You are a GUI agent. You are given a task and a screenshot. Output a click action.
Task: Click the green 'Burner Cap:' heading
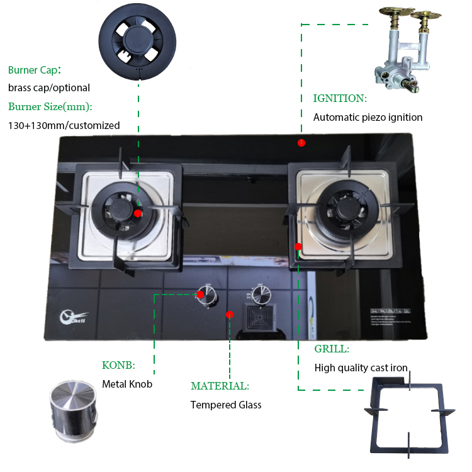click(35, 70)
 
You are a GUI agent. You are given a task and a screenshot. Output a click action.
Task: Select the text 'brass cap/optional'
click(49, 88)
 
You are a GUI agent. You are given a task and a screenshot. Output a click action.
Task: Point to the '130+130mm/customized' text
click(64, 125)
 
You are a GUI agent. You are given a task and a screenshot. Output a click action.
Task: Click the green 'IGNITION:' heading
click(340, 98)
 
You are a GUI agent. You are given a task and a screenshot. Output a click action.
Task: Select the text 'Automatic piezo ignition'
click(368, 117)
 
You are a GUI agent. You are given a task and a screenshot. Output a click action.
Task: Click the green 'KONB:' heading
click(118, 365)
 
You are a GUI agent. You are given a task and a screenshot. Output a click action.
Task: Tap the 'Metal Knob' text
click(127, 384)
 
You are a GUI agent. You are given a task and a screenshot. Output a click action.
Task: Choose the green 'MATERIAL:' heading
click(220, 386)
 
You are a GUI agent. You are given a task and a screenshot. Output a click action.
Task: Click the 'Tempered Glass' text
click(226, 405)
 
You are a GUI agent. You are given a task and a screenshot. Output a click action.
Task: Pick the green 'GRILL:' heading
click(332, 349)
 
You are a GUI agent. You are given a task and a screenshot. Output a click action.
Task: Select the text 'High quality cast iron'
click(361, 368)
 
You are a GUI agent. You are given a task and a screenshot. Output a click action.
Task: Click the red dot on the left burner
click(138, 213)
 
